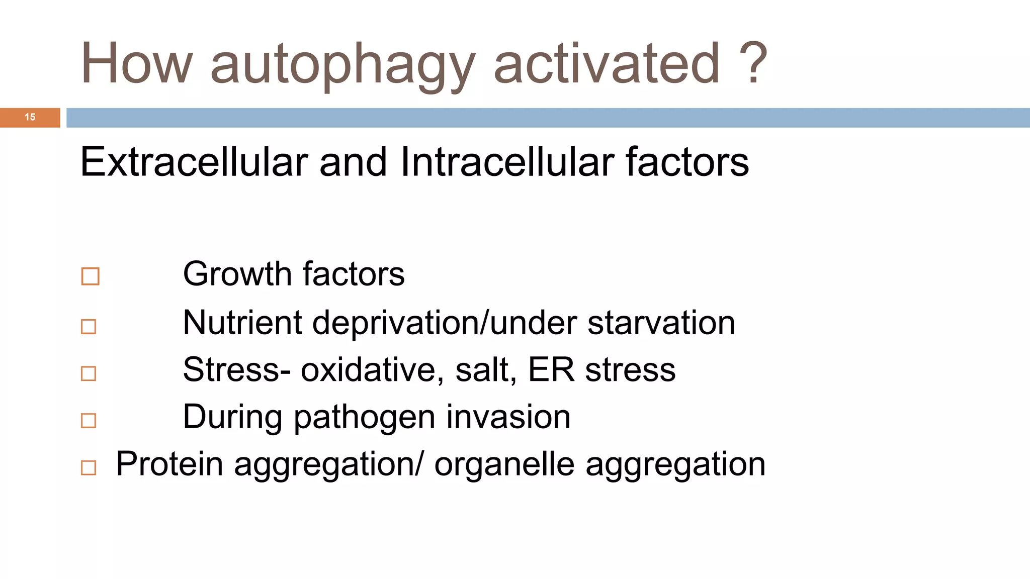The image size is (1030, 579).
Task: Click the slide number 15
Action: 30,117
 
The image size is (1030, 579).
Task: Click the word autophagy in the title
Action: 342,65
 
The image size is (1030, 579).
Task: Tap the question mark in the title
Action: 753,63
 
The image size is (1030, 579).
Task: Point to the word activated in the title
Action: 607,64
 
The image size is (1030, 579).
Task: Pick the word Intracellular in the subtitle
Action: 507,162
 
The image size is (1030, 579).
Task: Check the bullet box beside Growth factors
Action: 90,276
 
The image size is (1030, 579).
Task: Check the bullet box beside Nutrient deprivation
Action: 89,327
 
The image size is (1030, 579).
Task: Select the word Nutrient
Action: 242,322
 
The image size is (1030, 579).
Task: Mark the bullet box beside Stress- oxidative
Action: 89,373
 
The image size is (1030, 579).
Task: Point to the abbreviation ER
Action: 551,370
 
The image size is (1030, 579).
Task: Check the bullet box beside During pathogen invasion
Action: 89,420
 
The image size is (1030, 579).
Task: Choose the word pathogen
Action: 364,418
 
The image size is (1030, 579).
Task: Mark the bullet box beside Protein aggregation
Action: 89,467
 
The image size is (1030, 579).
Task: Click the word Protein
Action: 169,463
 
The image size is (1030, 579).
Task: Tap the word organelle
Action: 504,464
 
